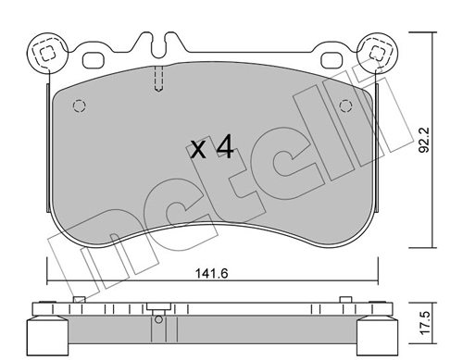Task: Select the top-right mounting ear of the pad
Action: point(378,52)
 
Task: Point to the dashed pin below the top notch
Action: point(158,81)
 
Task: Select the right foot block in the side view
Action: point(377,333)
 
